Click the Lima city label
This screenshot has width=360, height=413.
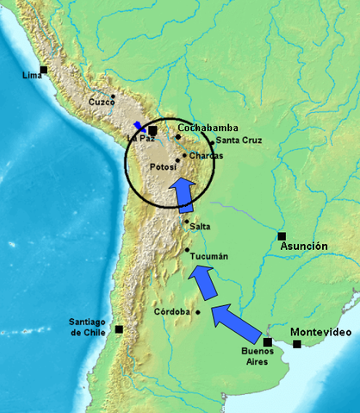click(x=31, y=76)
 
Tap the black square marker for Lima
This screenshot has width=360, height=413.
click(x=43, y=69)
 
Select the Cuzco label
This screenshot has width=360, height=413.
click(x=102, y=103)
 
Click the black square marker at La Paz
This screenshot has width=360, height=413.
click(x=152, y=130)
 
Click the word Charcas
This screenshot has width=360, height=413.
click(x=206, y=156)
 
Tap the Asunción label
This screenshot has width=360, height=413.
click(x=305, y=247)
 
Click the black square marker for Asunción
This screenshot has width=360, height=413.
click(x=281, y=235)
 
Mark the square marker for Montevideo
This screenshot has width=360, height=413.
click(x=297, y=344)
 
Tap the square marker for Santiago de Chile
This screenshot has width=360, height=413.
click(x=119, y=329)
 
